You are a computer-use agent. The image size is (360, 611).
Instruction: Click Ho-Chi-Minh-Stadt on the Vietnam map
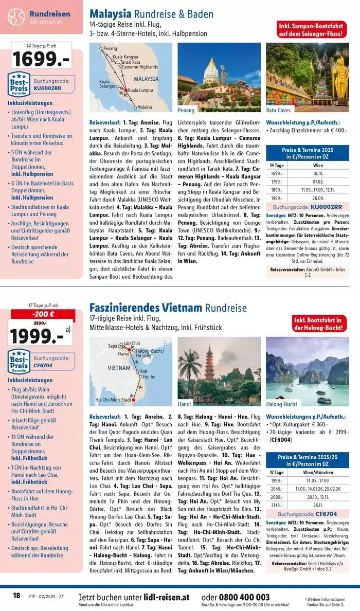coord(113,399)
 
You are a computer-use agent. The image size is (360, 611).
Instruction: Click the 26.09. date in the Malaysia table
coord(317,198)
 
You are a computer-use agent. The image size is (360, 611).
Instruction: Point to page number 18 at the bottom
coord(16,596)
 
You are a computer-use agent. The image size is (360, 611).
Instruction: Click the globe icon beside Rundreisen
coord(16,16)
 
